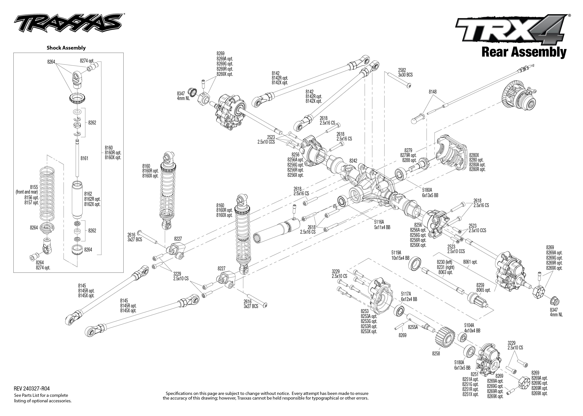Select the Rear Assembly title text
pyautogui.click(x=524, y=52)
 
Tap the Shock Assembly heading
pyautogui.click(x=66, y=48)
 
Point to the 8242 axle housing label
pyautogui.click(x=353, y=161)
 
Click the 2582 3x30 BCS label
pyautogui.click(x=405, y=72)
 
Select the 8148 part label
pyautogui.click(x=433, y=92)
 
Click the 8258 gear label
pyautogui.click(x=436, y=354)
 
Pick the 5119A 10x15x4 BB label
pyautogui.click(x=400, y=255)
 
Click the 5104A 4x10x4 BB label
pyautogui.click(x=472, y=328)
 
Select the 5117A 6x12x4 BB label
pyautogui.click(x=409, y=297)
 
